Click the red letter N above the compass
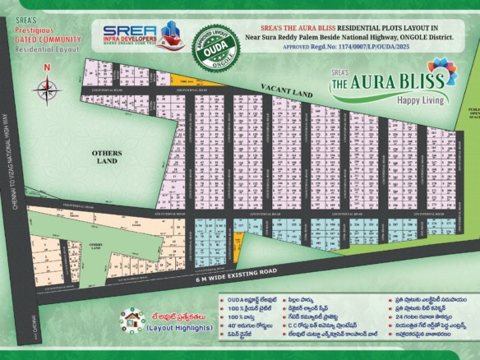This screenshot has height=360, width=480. (47, 68)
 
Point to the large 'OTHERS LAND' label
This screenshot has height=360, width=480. (107, 157)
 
